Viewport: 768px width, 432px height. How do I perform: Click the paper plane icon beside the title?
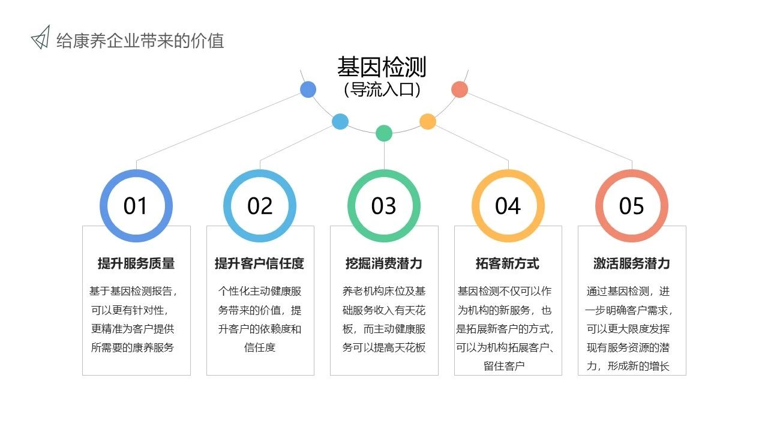tap(41, 37)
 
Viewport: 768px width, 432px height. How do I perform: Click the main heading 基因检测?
tap(382, 67)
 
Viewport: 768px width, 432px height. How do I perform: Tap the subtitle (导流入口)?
tap(382, 89)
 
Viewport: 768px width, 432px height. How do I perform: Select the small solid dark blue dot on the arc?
tap(308, 89)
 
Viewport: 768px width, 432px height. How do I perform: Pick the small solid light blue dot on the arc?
tap(340, 122)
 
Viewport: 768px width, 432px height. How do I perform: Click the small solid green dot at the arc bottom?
tap(384, 133)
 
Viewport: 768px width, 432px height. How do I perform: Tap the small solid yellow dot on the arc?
tap(428, 121)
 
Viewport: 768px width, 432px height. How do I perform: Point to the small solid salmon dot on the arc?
tap(460, 89)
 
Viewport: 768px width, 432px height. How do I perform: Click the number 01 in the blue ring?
tap(136, 206)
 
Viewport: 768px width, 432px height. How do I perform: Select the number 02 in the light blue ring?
tap(260, 206)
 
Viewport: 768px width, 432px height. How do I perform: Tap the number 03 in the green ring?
tap(383, 206)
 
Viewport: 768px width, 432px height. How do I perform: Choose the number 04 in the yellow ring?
tap(508, 206)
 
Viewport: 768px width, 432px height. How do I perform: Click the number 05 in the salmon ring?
tap(632, 206)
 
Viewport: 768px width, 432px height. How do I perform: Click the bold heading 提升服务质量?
tap(136, 263)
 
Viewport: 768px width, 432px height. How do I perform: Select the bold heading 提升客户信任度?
tap(260, 263)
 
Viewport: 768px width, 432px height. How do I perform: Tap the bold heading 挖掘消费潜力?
tap(383, 263)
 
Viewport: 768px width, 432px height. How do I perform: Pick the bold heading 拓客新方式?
tap(508, 263)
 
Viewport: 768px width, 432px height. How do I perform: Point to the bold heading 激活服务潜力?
tap(632, 263)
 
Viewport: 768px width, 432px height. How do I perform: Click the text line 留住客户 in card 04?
tap(504, 366)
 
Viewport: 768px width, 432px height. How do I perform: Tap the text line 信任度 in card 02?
tap(260, 347)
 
